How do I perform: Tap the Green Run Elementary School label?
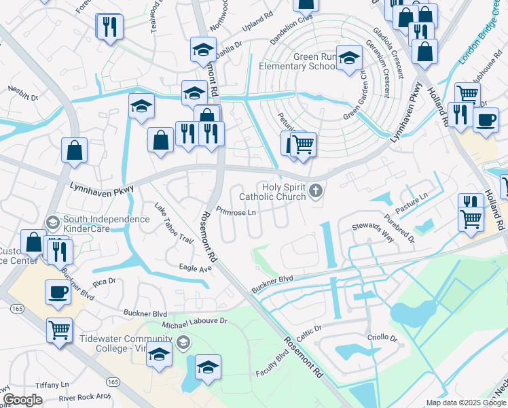click(297, 62)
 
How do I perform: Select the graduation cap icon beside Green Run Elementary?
click(349, 59)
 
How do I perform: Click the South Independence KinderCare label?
click(106, 224)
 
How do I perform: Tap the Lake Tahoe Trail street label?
click(174, 224)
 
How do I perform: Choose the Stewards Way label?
click(372, 231)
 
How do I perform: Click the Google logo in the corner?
click(22, 401)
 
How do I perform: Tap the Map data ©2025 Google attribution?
click(466, 403)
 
